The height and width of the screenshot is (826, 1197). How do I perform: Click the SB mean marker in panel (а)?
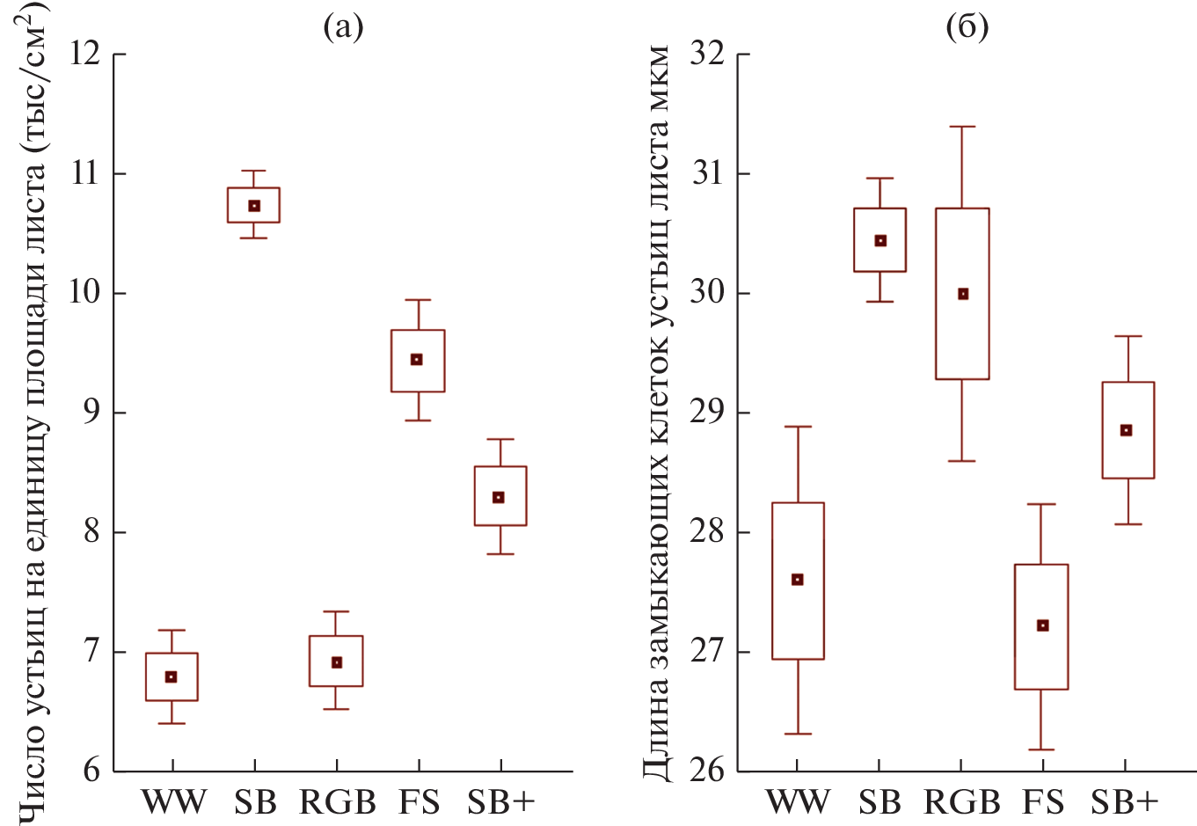point(254,206)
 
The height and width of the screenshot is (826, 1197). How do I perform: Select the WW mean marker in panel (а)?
point(172,676)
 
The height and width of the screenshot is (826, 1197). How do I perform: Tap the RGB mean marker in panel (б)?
point(963,294)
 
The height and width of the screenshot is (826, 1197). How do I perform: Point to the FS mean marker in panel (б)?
point(1043,625)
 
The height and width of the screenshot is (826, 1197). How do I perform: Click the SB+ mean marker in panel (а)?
point(500,497)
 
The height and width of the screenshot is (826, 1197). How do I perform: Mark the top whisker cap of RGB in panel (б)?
point(963,127)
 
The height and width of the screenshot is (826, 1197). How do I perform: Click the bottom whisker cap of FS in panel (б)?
point(1041,749)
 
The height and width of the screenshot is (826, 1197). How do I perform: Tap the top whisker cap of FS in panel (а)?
point(418,300)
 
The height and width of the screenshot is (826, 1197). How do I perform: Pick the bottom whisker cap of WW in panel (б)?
point(798,734)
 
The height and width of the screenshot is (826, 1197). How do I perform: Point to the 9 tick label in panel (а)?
point(91,413)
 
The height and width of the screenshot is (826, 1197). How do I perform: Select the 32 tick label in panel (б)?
point(707,55)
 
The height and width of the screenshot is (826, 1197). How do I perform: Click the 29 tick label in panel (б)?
point(707,413)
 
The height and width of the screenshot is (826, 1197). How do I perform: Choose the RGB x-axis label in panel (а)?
point(337,802)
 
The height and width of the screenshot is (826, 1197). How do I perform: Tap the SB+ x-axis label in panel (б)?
point(1125,802)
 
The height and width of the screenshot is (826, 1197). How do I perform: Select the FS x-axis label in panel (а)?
point(419,802)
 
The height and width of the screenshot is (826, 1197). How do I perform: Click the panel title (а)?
point(343,27)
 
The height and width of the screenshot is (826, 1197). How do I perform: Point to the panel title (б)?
point(967,27)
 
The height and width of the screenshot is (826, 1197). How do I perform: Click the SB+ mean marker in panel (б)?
point(1126,430)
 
